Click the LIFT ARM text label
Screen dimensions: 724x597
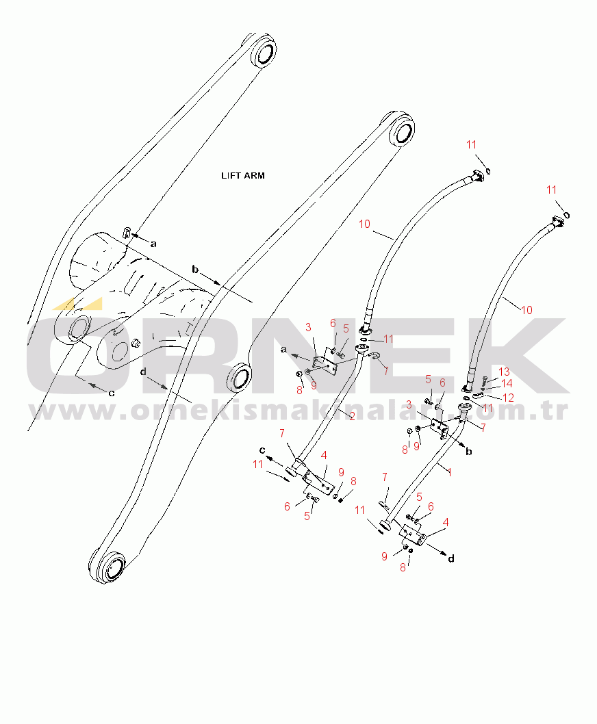(x=242, y=176)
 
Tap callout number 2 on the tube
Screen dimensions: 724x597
(x=352, y=417)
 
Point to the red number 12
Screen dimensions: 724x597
(x=508, y=397)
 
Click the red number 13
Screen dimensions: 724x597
(x=504, y=372)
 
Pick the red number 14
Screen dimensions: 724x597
(x=507, y=384)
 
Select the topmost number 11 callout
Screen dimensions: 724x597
(x=471, y=144)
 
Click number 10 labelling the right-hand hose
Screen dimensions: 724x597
(x=526, y=310)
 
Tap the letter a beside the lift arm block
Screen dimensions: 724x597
(x=153, y=243)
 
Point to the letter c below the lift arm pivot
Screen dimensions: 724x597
(x=111, y=393)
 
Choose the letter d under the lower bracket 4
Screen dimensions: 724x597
(x=450, y=558)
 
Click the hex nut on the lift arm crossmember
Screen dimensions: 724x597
(x=135, y=343)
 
